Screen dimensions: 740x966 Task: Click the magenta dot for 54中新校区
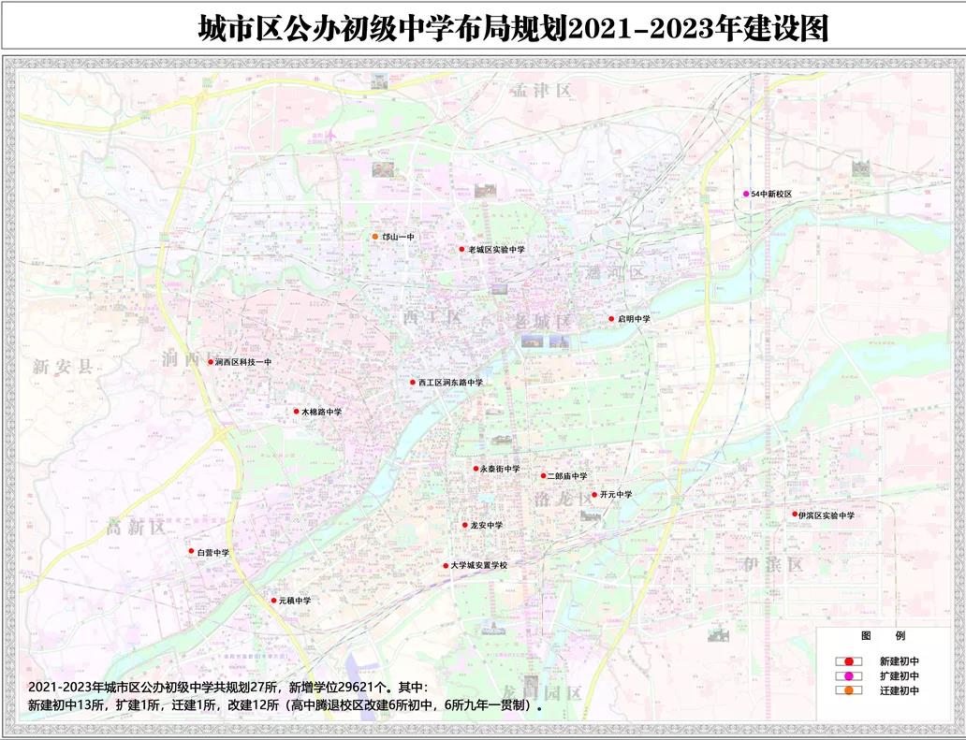point(746,194)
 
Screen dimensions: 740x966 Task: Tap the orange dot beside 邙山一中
point(375,237)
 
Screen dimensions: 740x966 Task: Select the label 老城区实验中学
point(497,250)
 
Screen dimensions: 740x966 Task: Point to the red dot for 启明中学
point(611,319)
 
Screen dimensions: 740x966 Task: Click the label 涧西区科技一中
point(242,362)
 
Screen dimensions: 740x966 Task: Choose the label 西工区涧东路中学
point(450,383)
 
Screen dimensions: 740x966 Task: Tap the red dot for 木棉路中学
point(295,412)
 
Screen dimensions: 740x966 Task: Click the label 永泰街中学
point(499,469)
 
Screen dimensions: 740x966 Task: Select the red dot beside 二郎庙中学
point(543,476)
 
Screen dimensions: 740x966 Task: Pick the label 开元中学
point(616,495)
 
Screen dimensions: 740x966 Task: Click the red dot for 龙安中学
point(464,526)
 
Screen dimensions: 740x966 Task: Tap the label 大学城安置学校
point(477,566)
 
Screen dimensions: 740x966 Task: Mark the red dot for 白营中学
point(191,553)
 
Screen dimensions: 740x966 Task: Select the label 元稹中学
point(294,601)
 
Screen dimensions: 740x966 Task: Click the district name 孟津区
point(541,91)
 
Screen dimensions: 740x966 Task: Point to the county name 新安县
point(64,367)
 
